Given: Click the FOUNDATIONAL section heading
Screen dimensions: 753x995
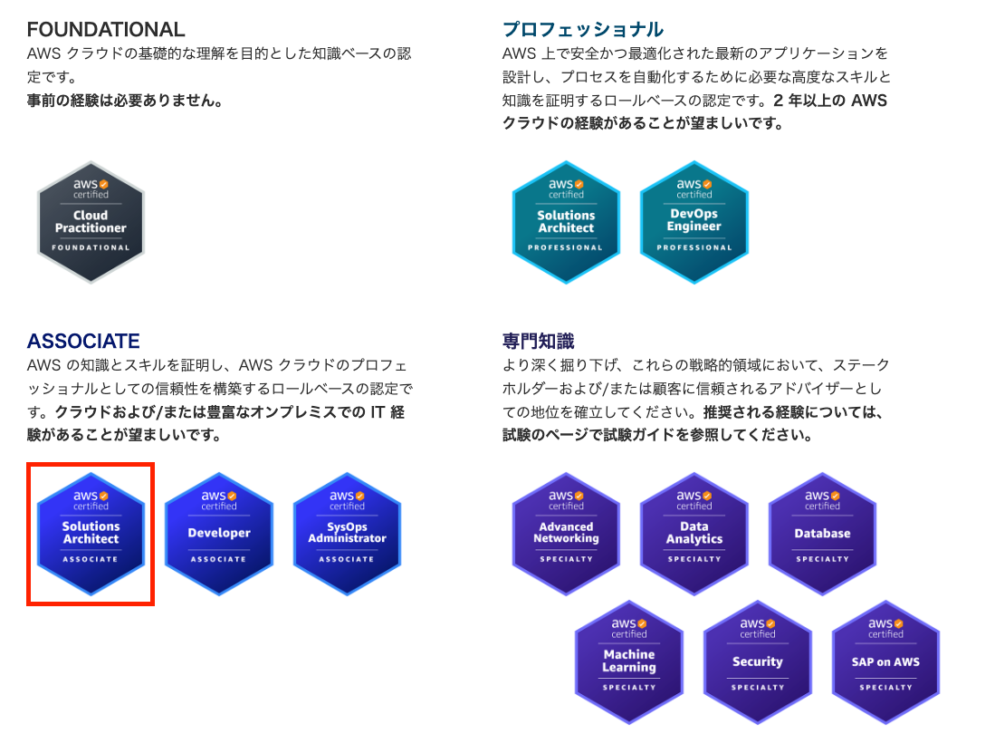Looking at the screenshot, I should click(x=106, y=30).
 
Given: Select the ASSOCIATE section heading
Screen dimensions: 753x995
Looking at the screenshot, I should click(x=83, y=342).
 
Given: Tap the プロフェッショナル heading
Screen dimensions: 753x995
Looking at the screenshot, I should click(x=583, y=30).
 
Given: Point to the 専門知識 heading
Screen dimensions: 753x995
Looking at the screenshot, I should click(x=539, y=342).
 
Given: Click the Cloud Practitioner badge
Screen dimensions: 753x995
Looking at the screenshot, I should click(x=91, y=222).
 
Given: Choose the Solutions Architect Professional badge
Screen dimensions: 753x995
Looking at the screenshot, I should click(x=566, y=222).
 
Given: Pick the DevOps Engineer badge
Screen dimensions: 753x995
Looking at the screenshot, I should click(x=694, y=222).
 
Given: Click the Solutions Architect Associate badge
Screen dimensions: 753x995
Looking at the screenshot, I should click(x=91, y=534).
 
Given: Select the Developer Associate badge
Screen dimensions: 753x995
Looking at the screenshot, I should click(x=219, y=534).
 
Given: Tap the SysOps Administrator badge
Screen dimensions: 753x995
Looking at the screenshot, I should click(x=347, y=534).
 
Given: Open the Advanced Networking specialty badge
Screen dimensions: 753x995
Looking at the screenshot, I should click(x=566, y=534).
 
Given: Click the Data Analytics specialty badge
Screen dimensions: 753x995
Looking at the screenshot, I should click(x=694, y=534).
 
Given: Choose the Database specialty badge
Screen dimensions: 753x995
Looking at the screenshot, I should click(x=822, y=534).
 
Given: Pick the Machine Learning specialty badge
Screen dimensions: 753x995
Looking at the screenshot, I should click(x=629, y=661).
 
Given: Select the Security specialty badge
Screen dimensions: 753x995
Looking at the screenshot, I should click(x=757, y=661).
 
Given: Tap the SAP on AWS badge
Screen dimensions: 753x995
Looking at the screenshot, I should click(x=885, y=661).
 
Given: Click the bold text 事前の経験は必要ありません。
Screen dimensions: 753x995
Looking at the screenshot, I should click(x=125, y=101).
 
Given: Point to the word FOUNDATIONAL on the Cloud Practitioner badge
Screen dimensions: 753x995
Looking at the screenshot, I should click(x=91, y=247).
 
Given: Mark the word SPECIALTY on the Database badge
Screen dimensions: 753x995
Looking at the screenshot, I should click(x=822, y=559).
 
